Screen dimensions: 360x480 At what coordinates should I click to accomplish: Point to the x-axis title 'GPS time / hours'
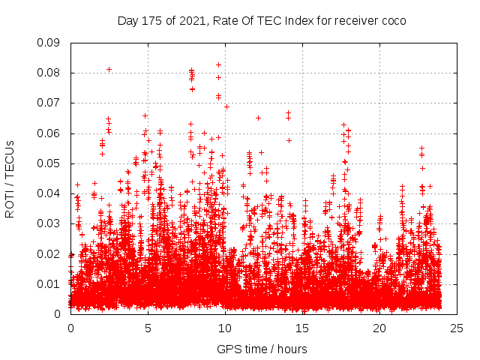point(262,349)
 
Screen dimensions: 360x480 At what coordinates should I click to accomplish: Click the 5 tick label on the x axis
point(148,328)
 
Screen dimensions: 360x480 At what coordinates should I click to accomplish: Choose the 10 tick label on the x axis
point(225,328)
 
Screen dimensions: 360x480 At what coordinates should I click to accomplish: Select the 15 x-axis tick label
point(302,328)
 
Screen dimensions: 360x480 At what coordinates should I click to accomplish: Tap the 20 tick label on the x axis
point(379,328)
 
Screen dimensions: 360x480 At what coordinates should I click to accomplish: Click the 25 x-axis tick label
point(457,328)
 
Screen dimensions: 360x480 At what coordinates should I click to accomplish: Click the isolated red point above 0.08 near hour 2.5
point(109,69)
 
